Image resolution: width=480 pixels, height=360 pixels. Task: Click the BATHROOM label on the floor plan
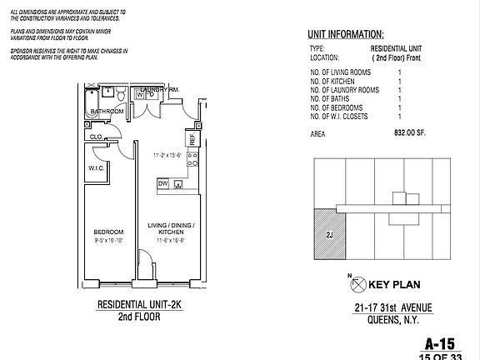pyautogui.click(x=107, y=112)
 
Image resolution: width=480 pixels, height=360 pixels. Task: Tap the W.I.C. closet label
pyautogui.click(x=95, y=167)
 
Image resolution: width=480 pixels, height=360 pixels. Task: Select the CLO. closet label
pyautogui.click(x=96, y=137)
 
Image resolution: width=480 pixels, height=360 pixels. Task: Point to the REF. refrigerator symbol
pyautogui.click(x=192, y=140)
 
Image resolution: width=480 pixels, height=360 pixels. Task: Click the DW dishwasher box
pyautogui.click(x=163, y=182)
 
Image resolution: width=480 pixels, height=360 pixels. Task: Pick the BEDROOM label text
pyautogui.click(x=108, y=231)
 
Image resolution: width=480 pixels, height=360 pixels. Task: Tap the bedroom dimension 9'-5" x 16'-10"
pyautogui.click(x=108, y=239)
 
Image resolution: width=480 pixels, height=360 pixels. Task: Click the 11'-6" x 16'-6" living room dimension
pyautogui.click(x=167, y=239)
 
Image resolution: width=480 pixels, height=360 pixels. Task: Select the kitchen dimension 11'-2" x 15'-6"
pyautogui.click(x=167, y=155)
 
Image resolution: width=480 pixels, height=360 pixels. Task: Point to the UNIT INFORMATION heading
pyautogui.click(x=345, y=35)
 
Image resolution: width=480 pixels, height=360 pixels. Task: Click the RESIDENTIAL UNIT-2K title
pyautogui.click(x=138, y=305)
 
